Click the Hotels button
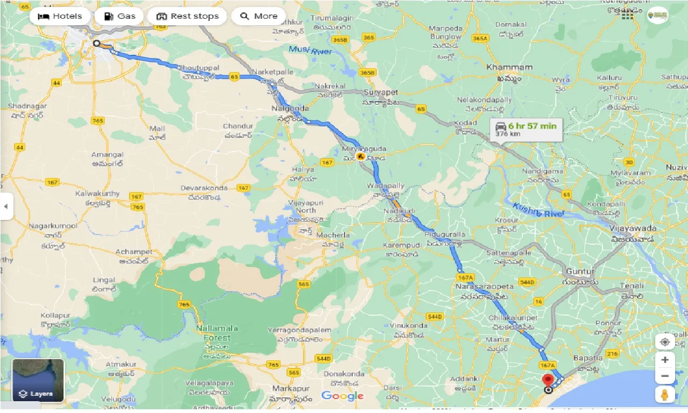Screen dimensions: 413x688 click(x=60, y=16)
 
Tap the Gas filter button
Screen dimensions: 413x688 click(x=119, y=16)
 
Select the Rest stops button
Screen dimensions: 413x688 click(x=188, y=16)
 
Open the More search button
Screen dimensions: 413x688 click(x=259, y=16)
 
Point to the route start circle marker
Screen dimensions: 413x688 click(x=96, y=44)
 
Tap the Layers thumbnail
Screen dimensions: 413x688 click(x=38, y=380)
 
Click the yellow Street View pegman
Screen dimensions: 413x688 click(x=665, y=394)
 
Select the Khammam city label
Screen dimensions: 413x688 click(x=509, y=68)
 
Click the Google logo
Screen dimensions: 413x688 click(x=342, y=396)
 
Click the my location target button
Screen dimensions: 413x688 click(x=665, y=342)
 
